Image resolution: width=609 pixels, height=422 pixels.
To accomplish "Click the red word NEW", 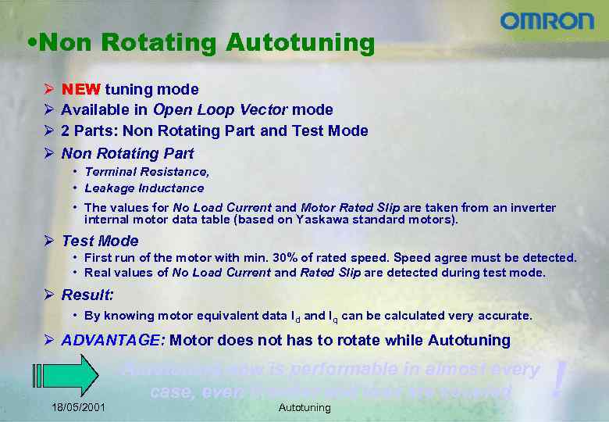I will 80,90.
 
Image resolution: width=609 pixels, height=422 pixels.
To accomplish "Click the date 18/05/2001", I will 79,407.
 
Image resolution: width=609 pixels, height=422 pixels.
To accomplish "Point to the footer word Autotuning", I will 304,407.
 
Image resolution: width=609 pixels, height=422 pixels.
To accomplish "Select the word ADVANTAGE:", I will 112,340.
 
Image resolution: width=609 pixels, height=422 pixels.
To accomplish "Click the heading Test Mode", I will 100,241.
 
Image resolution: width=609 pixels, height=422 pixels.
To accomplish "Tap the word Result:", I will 87,295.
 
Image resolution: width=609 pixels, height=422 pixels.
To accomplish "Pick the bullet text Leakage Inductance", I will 144,188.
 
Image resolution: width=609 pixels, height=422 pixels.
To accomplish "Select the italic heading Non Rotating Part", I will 127,153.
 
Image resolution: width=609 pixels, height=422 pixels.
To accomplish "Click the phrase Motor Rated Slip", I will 350,208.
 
